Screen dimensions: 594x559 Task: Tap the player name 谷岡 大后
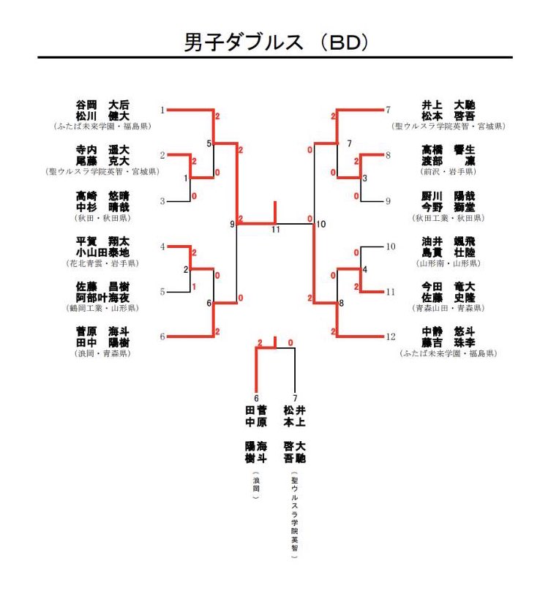point(102,105)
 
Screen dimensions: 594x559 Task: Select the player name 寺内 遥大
point(102,150)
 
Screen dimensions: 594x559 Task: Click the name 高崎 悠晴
point(102,195)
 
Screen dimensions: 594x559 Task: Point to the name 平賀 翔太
point(102,241)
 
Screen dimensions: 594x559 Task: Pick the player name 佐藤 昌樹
point(102,286)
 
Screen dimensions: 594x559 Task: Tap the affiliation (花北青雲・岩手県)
point(102,263)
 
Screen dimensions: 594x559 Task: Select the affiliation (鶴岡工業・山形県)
point(102,308)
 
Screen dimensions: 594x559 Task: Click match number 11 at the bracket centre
point(276,230)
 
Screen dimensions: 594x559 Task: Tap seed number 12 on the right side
point(391,337)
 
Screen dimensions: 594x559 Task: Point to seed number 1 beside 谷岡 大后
point(162,110)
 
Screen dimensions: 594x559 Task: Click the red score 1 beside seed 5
point(194,287)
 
